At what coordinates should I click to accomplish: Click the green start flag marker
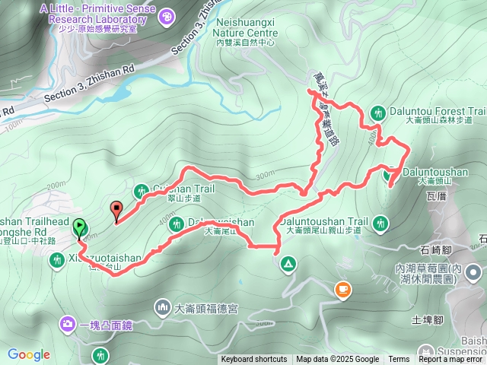(x=79, y=227)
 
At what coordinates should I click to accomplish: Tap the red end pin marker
(x=116, y=210)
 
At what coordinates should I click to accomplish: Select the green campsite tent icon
(x=288, y=264)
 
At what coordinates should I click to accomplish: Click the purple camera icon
(x=68, y=325)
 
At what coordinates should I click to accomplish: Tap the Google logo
(x=28, y=354)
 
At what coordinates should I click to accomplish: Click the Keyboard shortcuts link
(x=253, y=360)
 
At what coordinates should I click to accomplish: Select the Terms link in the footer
(x=399, y=360)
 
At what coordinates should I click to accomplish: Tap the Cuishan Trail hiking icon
(x=142, y=190)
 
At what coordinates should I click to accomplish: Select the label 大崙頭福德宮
(x=207, y=309)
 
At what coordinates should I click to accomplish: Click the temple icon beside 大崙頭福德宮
(x=163, y=307)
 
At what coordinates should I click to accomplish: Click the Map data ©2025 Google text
(x=337, y=360)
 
